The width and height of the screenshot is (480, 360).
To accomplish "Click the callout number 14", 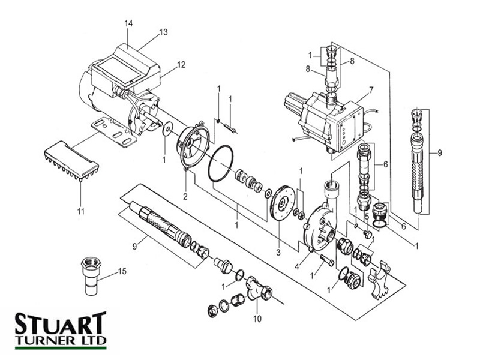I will (128, 23).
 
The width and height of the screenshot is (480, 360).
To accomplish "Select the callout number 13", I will (163, 34).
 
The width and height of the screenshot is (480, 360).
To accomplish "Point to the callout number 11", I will (80, 211).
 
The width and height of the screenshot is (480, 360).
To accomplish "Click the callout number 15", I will (122, 272).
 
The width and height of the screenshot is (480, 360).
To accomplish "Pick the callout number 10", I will (257, 319).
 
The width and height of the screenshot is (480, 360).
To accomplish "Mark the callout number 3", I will (278, 251).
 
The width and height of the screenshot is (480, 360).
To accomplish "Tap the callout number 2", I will (186, 196).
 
